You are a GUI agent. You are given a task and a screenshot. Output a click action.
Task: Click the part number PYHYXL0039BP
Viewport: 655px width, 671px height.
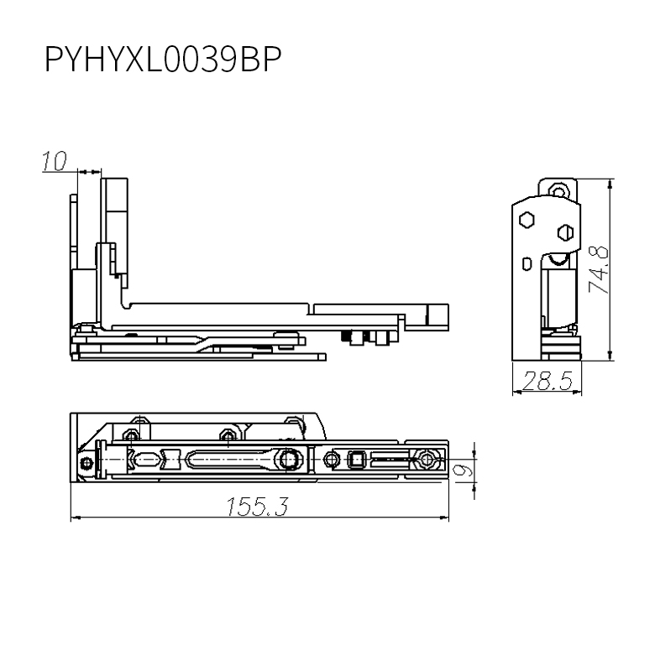[x=163, y=60]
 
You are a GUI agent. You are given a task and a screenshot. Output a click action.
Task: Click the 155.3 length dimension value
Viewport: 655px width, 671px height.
[x=258, y=507]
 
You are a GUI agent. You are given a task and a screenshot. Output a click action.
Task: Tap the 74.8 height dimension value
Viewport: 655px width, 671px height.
[x=598, y=268]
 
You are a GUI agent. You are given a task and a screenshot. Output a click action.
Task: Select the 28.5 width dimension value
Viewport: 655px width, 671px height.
[x=548, y=381]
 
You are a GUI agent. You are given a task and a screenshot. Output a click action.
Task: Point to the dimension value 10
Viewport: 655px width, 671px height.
[x=55, y=161]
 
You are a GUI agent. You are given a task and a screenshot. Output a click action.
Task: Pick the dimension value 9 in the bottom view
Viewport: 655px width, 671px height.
[x=463, y=471]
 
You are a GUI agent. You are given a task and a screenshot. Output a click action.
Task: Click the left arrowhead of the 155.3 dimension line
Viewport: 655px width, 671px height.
[x=76, y=518]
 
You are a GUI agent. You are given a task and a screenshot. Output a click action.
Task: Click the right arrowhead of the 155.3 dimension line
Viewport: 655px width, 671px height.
[x=444, y=518]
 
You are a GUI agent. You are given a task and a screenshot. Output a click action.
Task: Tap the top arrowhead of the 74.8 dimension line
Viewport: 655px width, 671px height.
[x=610, y=184]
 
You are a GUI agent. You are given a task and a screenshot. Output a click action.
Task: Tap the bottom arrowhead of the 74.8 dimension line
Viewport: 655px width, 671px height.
[x=610, y=355]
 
